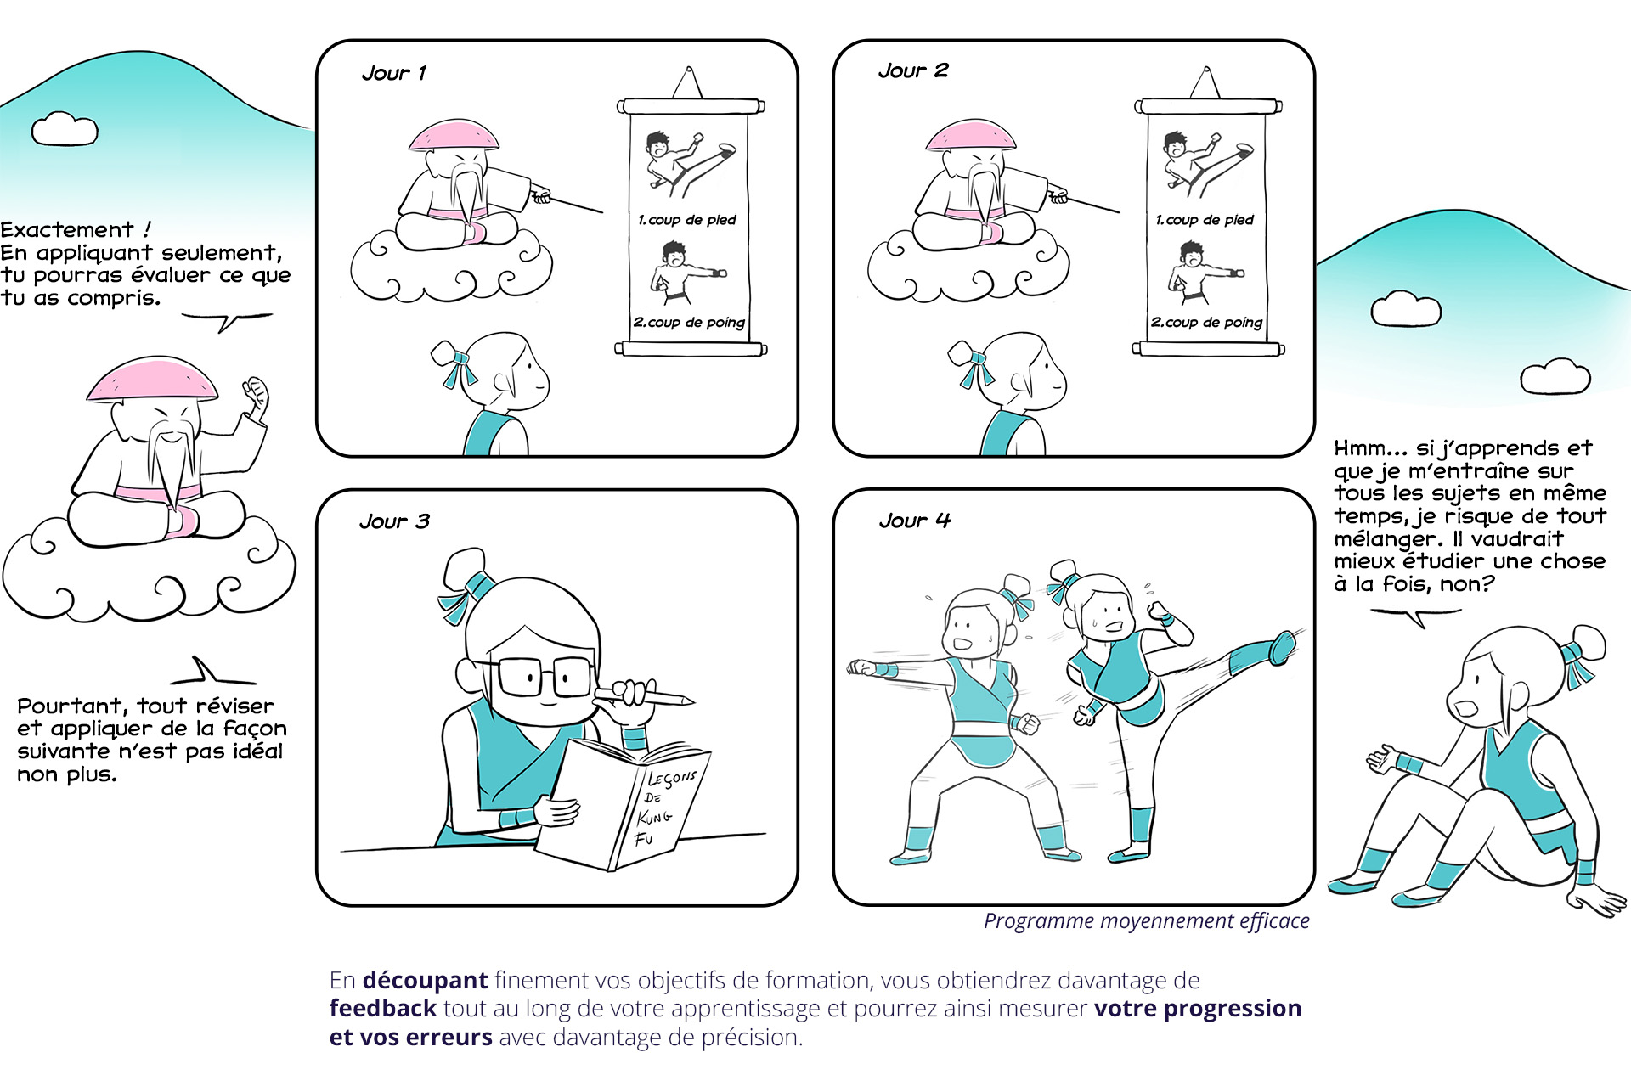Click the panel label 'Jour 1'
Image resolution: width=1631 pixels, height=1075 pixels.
click(394, 73)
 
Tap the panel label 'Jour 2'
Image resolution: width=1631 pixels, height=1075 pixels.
click(913, 70)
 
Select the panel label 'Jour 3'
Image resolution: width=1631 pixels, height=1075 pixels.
click(394, 521)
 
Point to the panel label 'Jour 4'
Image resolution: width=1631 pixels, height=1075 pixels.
click(915, 521)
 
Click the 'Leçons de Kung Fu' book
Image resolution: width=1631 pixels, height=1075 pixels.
click(624, 802)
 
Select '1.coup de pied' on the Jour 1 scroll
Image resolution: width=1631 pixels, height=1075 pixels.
click(687, 220)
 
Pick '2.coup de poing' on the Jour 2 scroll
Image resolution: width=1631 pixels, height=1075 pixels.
click(1206, 323)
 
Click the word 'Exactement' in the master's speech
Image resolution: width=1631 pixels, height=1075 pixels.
click(67, 230)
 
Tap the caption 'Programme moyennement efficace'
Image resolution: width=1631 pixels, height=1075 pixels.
click(1147, 921)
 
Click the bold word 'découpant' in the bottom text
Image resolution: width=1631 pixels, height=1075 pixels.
click(425, 981)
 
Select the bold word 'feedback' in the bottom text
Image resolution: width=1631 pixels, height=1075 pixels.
click(383, 1009)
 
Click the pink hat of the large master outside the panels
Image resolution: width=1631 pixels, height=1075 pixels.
click(152, 380)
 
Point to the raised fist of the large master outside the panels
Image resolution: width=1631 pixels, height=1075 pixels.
click(256, 394)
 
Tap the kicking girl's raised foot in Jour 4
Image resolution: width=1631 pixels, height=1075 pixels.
click(1283, 647)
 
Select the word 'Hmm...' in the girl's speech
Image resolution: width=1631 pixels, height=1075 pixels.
click(1370, 448)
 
